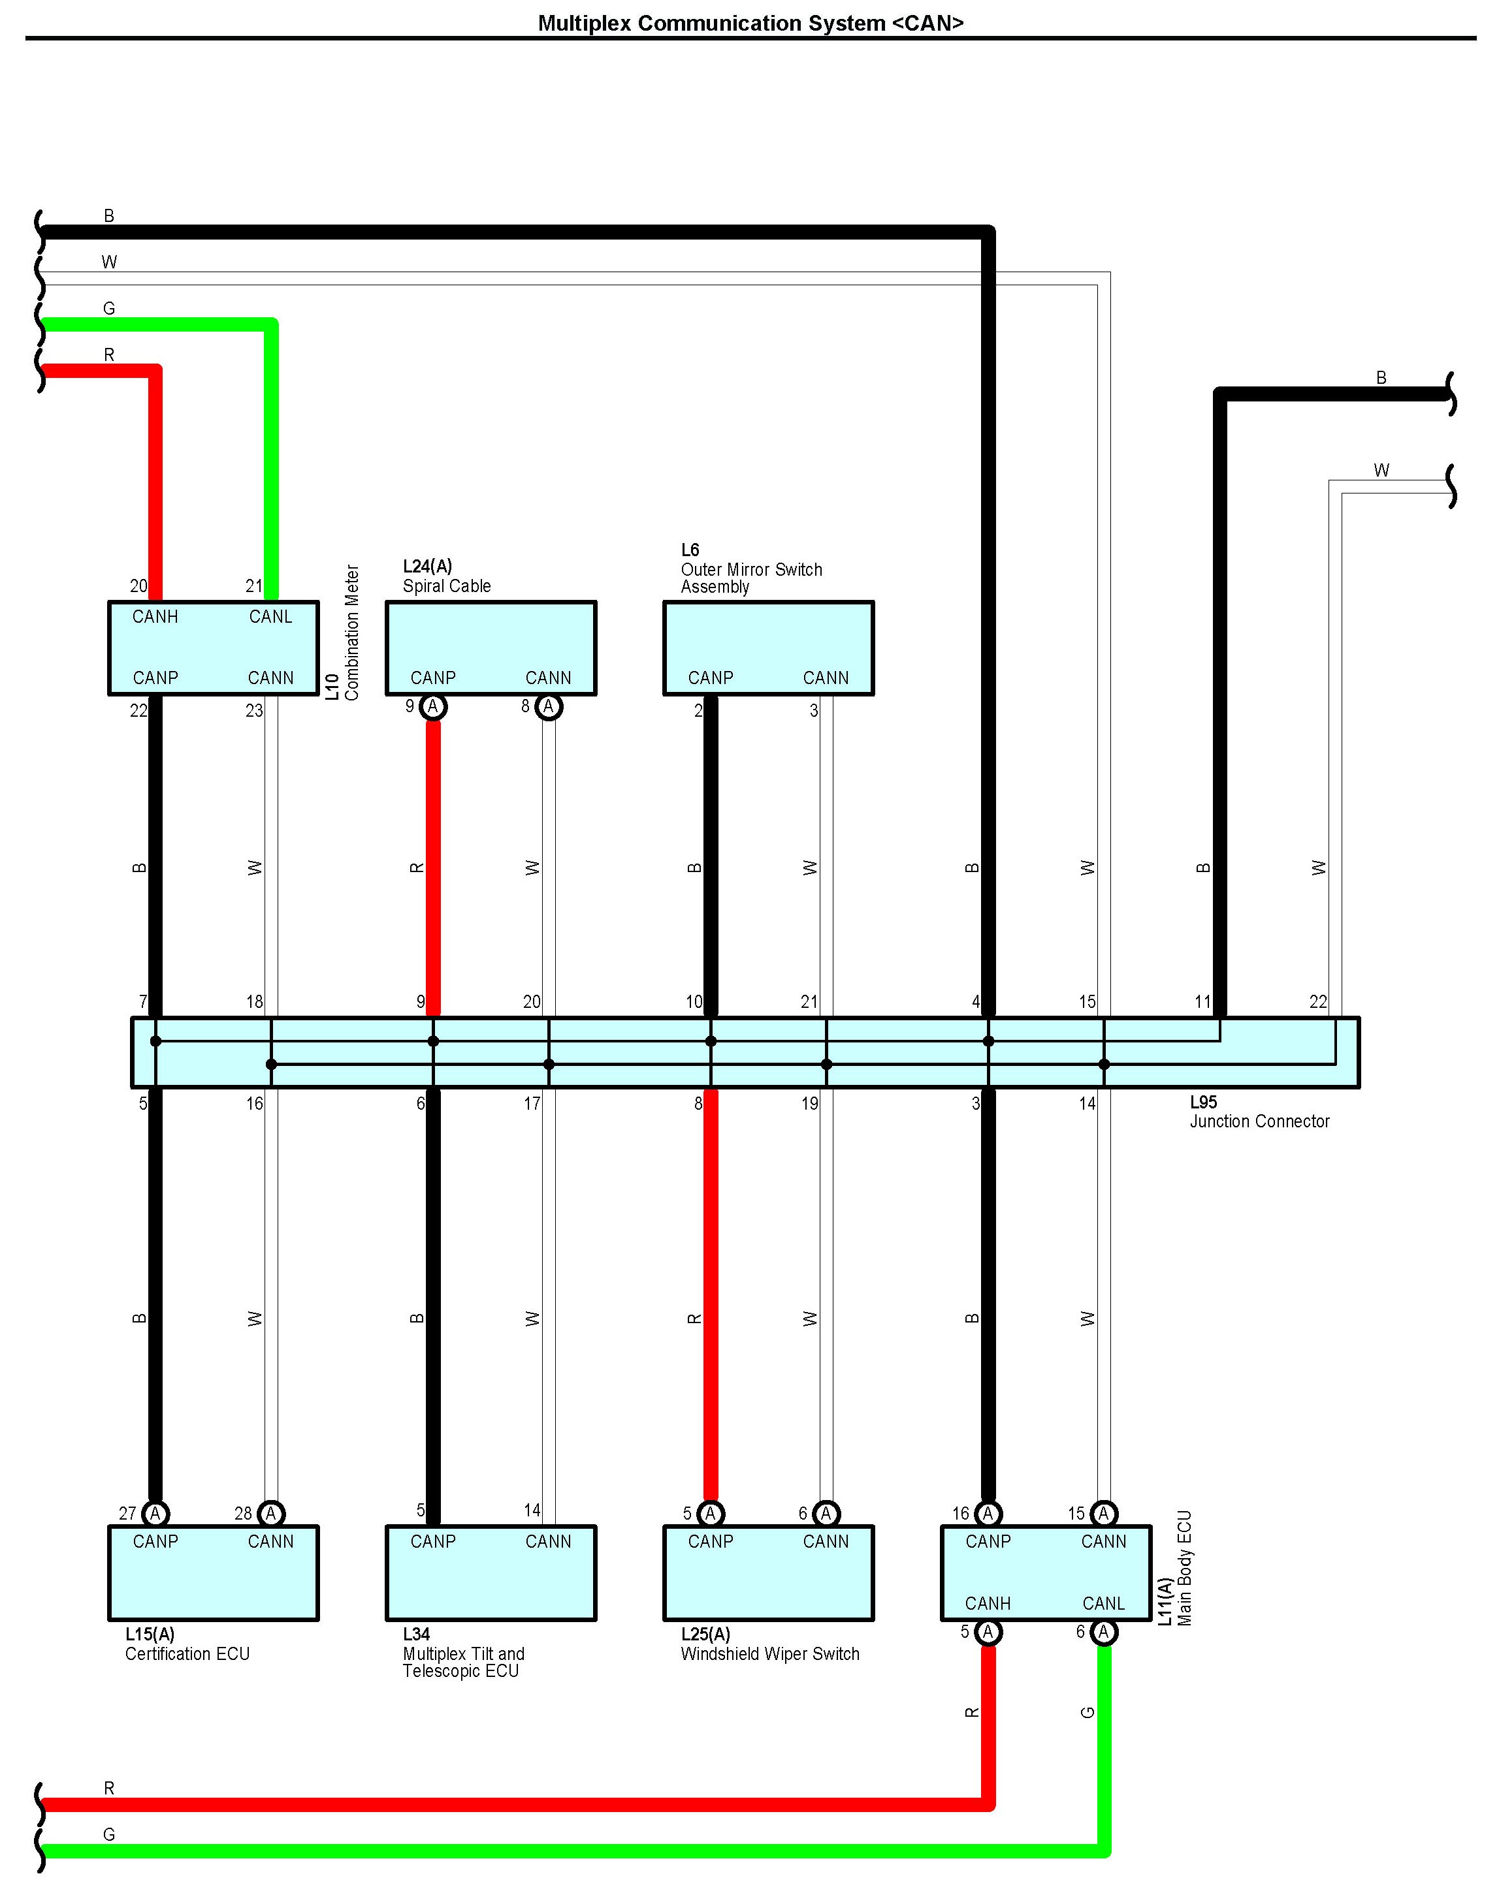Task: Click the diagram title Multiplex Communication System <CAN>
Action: tap(750, 23)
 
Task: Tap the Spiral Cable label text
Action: tap(447, 586)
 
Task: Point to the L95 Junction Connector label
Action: tap(1259, 1112)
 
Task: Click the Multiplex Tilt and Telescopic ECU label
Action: tap(462, 1653)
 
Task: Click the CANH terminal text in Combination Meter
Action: tap(155, 617)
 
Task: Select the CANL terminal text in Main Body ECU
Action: tap(1103, 1604)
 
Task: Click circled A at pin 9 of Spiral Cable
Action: tap(432, 707)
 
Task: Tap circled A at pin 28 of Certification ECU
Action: tap(271, 1513)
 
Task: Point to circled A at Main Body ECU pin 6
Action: tap(1104, 1633)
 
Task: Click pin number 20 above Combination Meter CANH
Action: tap(138, 586)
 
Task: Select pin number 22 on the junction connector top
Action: tap(1318, 1002)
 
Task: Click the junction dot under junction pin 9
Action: tap(432, 1041)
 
